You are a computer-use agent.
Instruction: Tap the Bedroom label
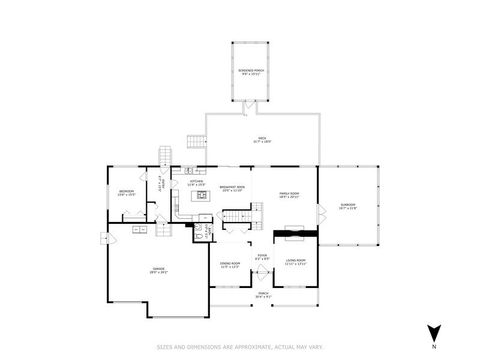126,192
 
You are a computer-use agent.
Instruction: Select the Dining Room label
229,264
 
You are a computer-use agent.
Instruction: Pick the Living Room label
294,264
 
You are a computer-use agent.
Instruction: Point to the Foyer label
261,257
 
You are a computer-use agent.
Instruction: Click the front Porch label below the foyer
262,296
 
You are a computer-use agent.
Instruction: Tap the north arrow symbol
433,332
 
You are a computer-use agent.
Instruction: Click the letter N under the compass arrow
433,346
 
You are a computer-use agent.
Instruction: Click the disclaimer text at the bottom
239,347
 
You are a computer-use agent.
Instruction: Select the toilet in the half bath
199,229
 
